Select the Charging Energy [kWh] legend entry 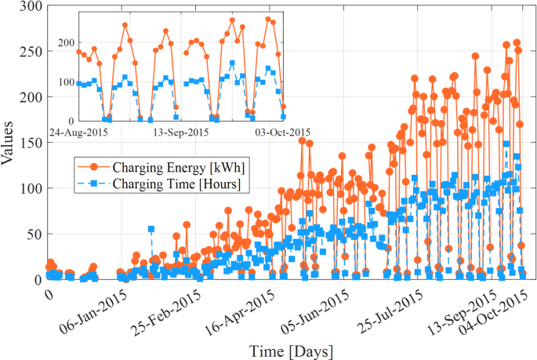pos(165,167)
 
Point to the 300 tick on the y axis pos(31,6)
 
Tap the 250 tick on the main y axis pos(31,52)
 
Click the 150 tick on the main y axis pos(31,143)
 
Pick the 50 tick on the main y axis pos(34,234)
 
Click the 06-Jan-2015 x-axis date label pos(96,309)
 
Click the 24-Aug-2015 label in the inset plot pos(78,132)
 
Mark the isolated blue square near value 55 pos(151,229)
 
